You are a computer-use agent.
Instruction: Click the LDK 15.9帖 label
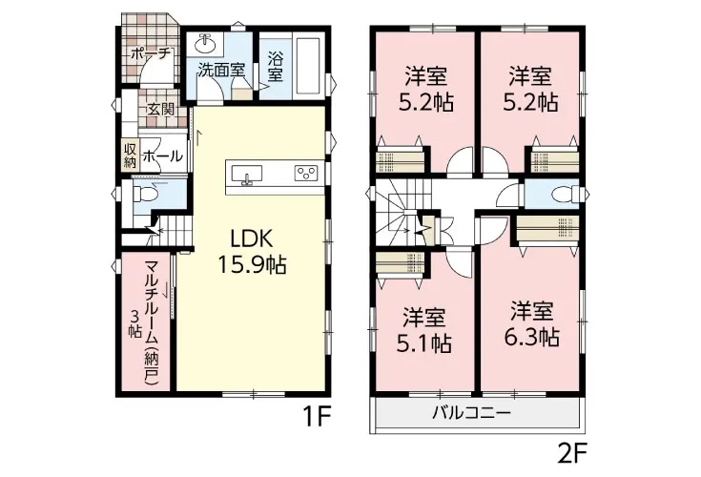coord(252,253)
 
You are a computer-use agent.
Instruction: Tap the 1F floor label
coord(317,418)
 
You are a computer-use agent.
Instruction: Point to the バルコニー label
coord(471,412)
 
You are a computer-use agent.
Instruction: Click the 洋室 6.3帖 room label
coord(532,324)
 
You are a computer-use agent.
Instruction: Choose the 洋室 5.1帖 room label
coord(424,330)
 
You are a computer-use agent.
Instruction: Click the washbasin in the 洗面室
coord(206,44)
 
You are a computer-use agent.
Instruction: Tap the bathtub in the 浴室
coord(308,66)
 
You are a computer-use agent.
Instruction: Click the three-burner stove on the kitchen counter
coord(306,173)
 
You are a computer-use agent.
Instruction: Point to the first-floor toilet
coord(145,194)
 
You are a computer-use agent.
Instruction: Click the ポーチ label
coord(152,53)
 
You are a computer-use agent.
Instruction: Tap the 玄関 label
coord(161,110)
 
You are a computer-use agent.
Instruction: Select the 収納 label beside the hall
coord(130,156)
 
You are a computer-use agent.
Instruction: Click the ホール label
coord(163,156)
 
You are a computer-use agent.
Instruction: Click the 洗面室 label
coord(221,71)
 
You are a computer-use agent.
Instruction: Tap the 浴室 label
coord(276,67)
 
